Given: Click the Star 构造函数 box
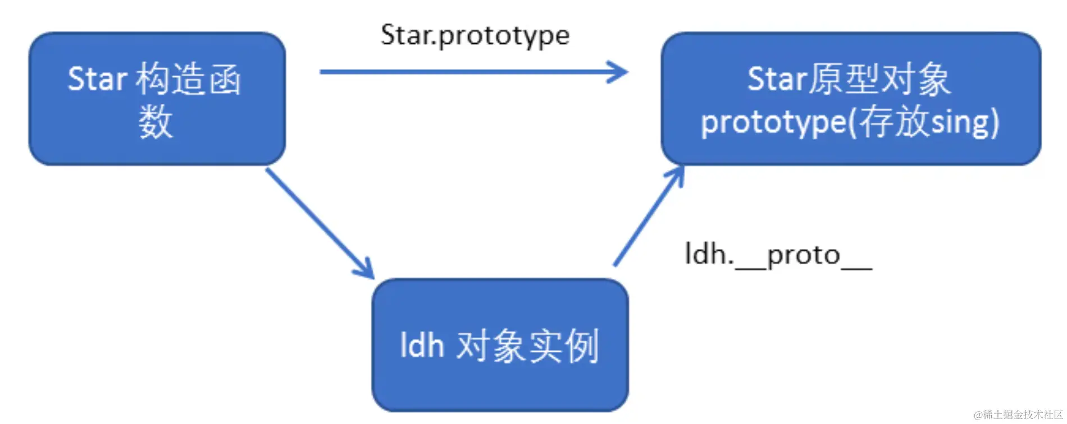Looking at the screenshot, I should point(157,99).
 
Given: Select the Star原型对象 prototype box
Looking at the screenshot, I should point(851,99).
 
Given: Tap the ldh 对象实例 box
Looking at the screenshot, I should point(500,345).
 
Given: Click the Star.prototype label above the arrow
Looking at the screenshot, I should point(475,35).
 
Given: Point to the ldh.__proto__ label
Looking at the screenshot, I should point(778,255).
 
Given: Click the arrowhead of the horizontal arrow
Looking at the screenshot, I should point(618,72).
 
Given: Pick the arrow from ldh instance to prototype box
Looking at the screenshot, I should point(649,216).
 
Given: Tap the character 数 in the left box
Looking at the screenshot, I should point(156,122).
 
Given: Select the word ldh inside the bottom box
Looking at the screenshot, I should point(422,345).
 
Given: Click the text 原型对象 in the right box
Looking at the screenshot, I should point(879,79).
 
